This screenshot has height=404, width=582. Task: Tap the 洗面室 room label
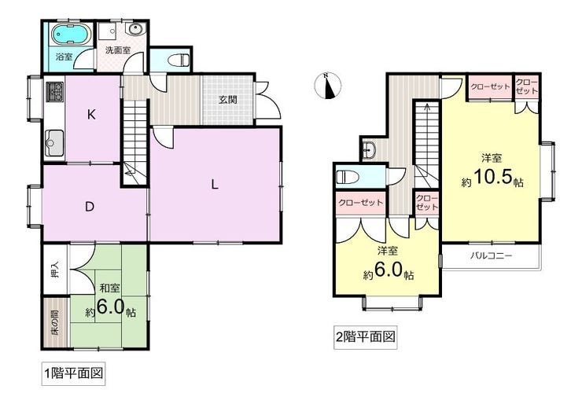[118, 50]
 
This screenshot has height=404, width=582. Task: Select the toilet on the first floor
[179, 60]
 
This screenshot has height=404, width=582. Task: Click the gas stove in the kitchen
[54, 92]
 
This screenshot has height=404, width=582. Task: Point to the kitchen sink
[54, 143]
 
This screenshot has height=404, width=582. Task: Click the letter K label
[91, 115]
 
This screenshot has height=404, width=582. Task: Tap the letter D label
[90, 207]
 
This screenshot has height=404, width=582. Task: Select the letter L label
[215, 184]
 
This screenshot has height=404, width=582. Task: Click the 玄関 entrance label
[227, 99]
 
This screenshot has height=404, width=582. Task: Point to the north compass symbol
[328, 86]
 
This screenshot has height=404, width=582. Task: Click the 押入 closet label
[55, 270]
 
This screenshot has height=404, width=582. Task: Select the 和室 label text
[110, 288]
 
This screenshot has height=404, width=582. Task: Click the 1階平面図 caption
[73, 373]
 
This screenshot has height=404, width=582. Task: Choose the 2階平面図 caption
[365, 337]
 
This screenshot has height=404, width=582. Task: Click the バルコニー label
[492, 255]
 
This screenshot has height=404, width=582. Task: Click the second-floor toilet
[348, 177]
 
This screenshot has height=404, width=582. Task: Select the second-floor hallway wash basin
[369, 150]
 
